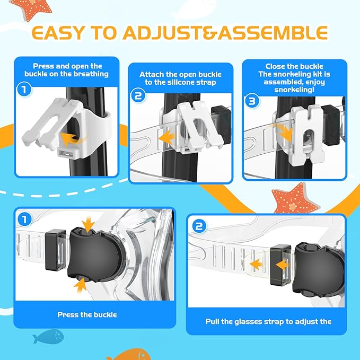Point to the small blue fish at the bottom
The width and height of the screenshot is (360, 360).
pyautogui.click(x=47, y=336)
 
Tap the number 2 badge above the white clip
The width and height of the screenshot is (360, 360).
pyautogui.click(x=138, y=96)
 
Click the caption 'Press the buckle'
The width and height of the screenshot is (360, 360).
pyautogui.click(x=87, y=315)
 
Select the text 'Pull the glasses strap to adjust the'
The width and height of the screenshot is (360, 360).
pyautogui.click(x=268, y=321)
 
